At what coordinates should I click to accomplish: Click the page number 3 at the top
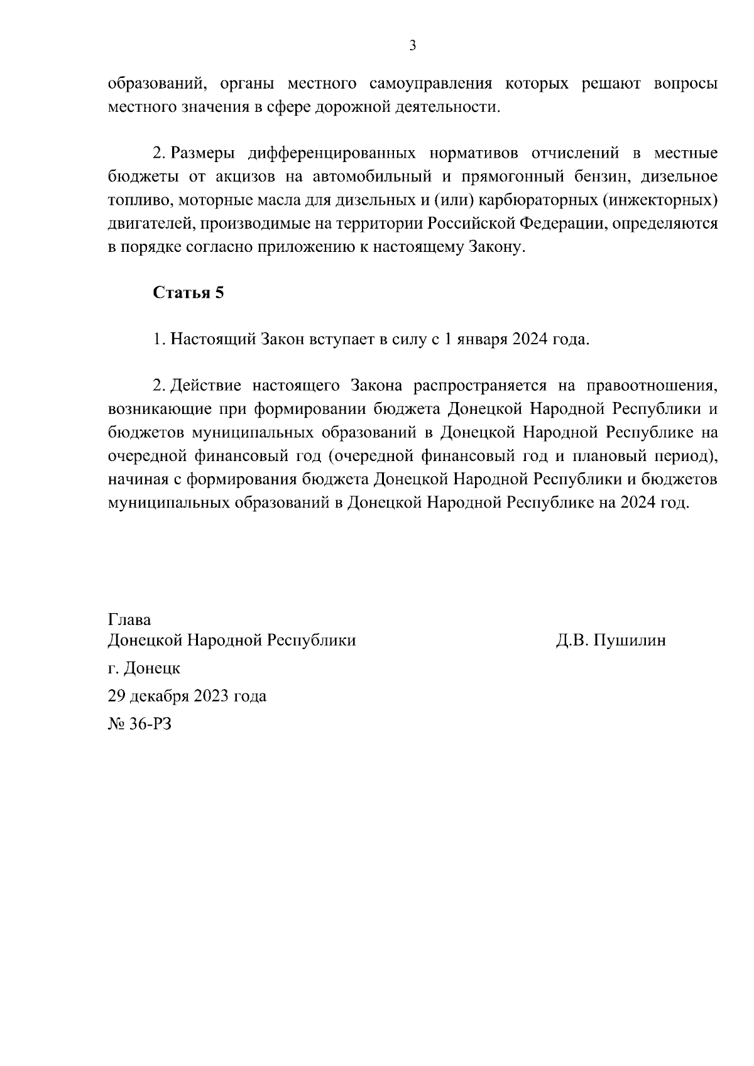(x=413, y=45)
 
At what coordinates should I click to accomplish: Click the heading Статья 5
(x=188, y=293)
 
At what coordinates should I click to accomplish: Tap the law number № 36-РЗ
(x=139, y=724)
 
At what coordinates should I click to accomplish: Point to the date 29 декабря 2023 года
(x=187, y=696)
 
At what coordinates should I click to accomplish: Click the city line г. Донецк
(x=144, y=668)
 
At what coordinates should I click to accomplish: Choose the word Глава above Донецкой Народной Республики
(x=129, y=619)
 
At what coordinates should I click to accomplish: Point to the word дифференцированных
(x=332, y=153)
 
